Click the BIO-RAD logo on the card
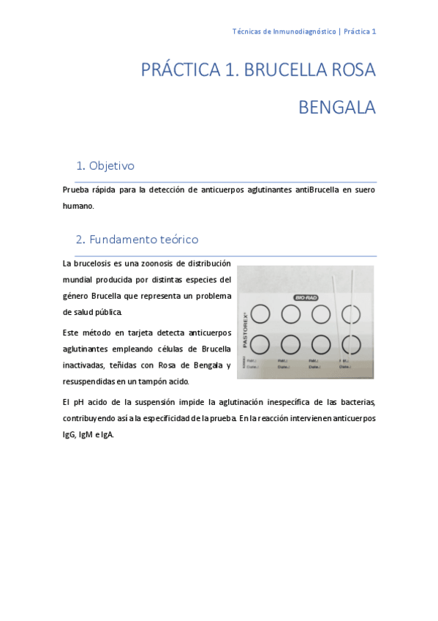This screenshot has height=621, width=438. click(308, 297)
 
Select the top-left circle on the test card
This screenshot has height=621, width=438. click(260, 314)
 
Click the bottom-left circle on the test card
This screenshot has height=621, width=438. click(260, 344)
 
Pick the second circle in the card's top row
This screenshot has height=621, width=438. click(290, 314)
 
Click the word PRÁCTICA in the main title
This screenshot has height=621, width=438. click(180, 70)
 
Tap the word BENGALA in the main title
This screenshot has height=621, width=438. click(336, 108)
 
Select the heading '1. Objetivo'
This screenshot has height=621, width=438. click(105, 166)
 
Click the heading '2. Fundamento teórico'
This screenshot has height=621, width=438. click(137, 239)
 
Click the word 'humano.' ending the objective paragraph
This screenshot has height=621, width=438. click(78, 206)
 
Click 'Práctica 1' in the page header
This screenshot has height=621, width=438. click(360, 31)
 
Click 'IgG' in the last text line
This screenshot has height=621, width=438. click(69, 434)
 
